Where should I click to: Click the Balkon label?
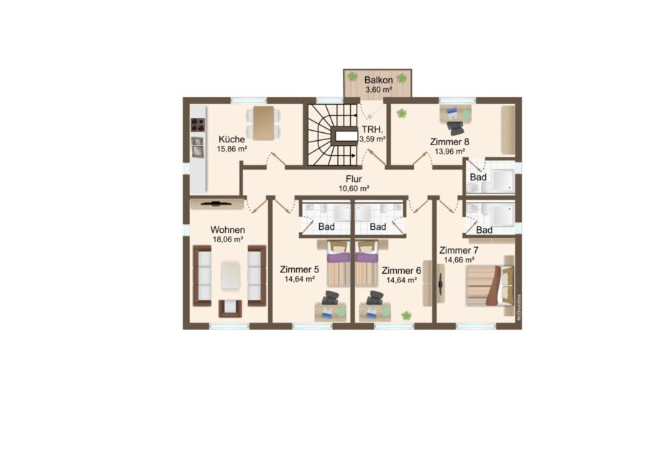378,80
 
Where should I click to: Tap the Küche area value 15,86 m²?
232,149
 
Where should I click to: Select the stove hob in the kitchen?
198,124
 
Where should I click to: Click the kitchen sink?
198,147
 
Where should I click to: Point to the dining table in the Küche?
263,123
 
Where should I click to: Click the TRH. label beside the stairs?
372,129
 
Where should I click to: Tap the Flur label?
354,179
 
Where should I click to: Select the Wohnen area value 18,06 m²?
227,239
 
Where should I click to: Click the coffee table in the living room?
230,276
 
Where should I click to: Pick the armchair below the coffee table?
230,308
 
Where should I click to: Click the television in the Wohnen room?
216,203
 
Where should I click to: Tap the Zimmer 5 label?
299,269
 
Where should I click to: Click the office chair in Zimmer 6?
375,298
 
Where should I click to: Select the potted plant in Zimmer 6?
407,316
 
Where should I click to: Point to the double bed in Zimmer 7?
490,286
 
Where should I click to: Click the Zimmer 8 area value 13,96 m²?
450,152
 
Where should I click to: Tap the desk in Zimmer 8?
455,114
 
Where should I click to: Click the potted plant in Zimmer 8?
401,113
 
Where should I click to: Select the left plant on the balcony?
352,76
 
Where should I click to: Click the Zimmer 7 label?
459,250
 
